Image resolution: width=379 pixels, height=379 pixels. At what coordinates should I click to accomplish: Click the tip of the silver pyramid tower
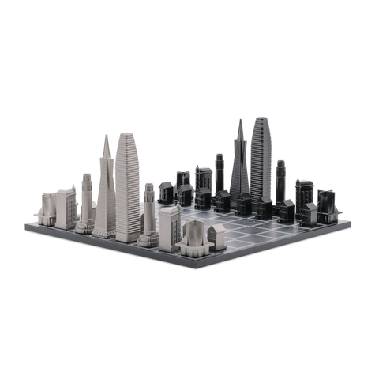click(106, 137)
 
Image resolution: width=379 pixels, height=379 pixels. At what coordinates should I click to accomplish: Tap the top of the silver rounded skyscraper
click(127, 135)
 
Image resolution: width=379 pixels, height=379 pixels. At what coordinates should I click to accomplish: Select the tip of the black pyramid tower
click(239, 121)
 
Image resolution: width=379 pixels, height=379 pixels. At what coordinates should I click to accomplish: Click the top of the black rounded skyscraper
click(261, 119)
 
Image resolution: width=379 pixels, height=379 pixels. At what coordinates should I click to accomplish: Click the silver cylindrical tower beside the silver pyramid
click(85, 201)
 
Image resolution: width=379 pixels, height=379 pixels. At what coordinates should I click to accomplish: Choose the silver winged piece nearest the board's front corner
click(193, 238)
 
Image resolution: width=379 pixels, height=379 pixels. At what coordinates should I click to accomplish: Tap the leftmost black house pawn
click(166, 192)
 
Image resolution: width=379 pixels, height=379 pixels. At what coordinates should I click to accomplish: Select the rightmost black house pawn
click(308, 213)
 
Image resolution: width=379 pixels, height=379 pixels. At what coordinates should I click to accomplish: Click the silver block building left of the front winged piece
click(169, 228)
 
